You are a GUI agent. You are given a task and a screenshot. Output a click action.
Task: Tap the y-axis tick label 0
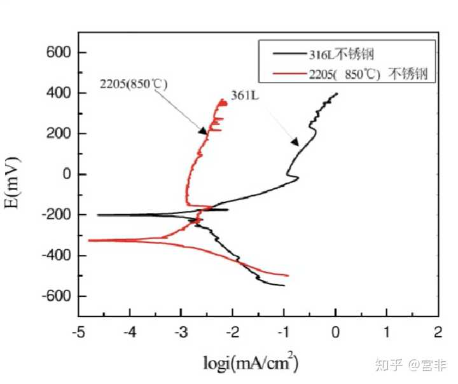[66, 174]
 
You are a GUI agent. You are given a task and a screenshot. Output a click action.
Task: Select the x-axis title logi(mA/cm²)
[251, 364]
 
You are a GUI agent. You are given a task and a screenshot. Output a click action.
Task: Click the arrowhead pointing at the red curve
[204, 132]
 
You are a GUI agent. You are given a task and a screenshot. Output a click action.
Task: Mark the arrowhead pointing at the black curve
[295, 142]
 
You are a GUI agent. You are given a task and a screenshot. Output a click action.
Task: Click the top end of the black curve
[337, 93]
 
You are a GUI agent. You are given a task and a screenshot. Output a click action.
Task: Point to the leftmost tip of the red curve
[88, 240]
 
